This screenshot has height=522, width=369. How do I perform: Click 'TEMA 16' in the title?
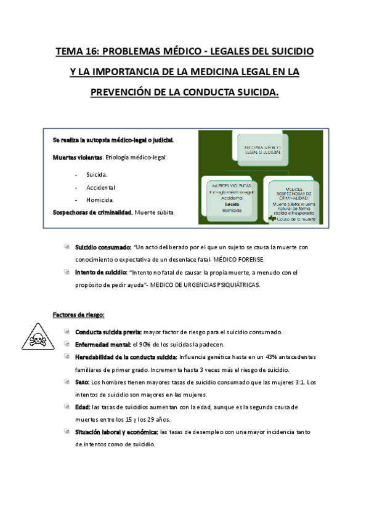click(77, 52)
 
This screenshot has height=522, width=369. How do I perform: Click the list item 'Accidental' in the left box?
click(101, 187)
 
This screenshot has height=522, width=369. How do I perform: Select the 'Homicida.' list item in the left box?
click(100, 199)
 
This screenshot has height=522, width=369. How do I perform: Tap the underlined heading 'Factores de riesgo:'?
click(79, 315)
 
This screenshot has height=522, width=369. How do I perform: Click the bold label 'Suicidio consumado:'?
click(103, 247)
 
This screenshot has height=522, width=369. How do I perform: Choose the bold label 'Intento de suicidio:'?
click(100, 272)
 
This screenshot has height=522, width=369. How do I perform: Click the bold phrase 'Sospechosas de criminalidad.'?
click(93, 212)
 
